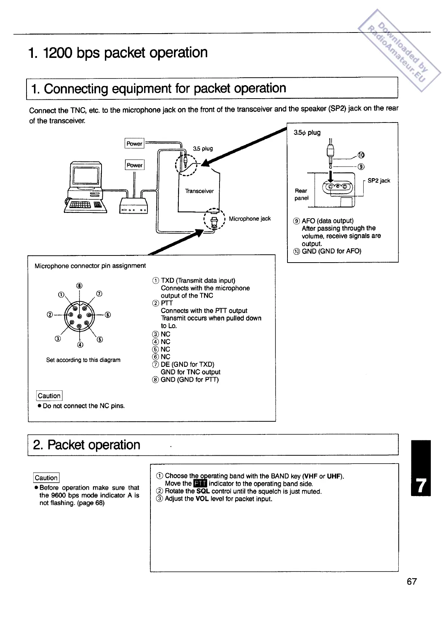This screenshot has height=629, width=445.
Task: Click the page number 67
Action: [x=411, y=581]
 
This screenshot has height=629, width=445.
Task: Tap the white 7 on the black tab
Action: [x=420, y=486]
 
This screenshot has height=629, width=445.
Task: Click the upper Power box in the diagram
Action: [x=134, y=143]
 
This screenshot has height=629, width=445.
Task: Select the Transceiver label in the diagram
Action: [x=199, y=191]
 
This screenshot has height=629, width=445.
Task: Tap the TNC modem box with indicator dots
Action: [x=134, y=206]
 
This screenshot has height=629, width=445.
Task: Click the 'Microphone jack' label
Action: [x=250, y=219]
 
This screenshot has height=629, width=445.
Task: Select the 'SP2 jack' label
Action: [x=379, y=181]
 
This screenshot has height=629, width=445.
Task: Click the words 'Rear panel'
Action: [x=301, y=194]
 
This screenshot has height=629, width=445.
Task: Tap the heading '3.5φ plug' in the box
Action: [x=307, y=133]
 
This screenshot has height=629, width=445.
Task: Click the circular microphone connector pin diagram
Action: [x=79, y=315]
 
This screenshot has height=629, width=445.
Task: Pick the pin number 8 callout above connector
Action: [x=79, y=286]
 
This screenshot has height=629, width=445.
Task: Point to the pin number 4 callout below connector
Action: [x=80, y=344]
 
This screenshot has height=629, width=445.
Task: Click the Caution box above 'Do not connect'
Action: [x=49, y=396]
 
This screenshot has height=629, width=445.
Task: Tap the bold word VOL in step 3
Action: [x=202, y=499]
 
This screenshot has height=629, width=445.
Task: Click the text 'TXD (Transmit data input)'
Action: [x=198, y=281]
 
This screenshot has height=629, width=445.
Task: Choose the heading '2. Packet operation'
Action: [x=87, y=445]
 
